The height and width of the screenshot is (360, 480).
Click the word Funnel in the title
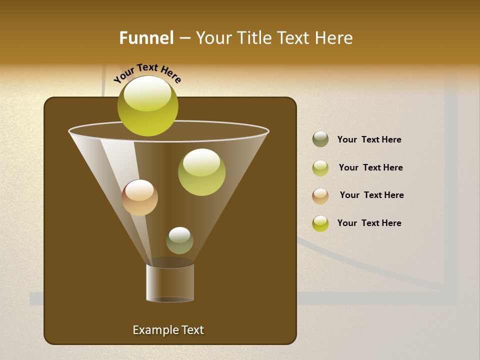click(x=146, y=38)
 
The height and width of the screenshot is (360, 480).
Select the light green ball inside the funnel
click(x=201, y=172)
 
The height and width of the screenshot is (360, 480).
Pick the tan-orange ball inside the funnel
click(x=139, y=198)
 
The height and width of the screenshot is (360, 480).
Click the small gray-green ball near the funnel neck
click(x=179, y=240)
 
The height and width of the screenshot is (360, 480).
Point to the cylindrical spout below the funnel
click(x=170, y=282)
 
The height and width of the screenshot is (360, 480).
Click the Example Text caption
click(x=168, y=330)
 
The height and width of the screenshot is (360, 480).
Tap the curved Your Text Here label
click(x=147, y=73)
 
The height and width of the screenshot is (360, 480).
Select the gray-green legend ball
click(x=320, y=139)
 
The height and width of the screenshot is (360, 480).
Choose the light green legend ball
click(x=320, y=168)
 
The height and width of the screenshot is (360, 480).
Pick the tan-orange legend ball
click(x=320, y=196)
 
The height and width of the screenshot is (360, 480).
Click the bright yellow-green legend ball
click(x=320, y=223)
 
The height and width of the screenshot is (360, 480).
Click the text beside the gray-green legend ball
click(x=369, y=140)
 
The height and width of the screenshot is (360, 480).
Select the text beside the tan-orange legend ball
click(x=371, y=195)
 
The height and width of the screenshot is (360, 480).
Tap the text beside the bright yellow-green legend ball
click(x=369, y=223)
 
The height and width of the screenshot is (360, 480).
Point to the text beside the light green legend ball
click(x=370, y=168)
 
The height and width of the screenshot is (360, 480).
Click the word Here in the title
click(x=334, y=38)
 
